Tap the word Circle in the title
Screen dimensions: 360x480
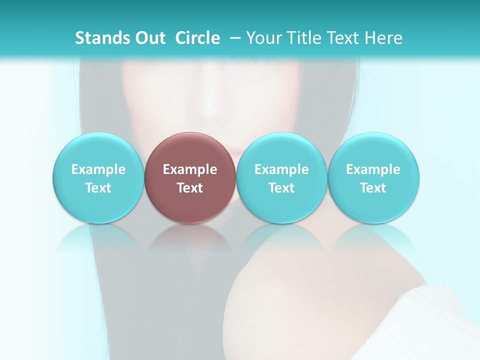pos(197,38)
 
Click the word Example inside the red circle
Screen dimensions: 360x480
pos(190,169)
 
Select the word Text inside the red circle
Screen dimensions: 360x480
pos(190,188)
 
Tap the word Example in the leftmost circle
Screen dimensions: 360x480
pos(98,169)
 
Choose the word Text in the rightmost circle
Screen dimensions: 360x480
pos(373,188)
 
